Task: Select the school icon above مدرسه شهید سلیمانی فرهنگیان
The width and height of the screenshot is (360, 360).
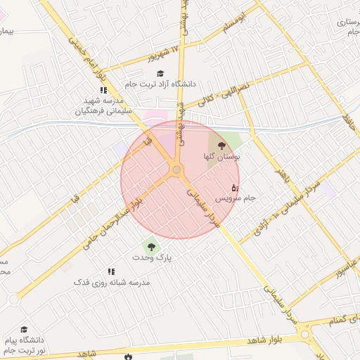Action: [103, 90]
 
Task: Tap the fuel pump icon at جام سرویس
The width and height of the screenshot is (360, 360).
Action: [235, 188]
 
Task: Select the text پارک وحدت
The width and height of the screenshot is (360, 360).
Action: [152, 258]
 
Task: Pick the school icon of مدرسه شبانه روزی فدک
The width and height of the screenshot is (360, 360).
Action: [111, 271]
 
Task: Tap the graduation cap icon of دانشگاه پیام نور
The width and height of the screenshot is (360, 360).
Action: [25, 330]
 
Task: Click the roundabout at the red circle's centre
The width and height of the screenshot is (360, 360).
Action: [176, 169]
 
